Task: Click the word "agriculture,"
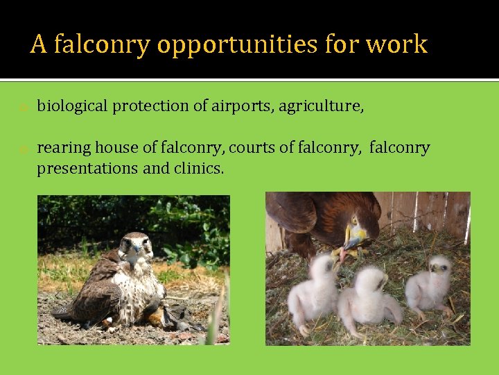(321, 106)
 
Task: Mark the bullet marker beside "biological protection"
(23, 108)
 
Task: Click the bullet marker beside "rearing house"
(23, 149)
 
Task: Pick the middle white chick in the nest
(371, 299)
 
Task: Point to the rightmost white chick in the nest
(430, 285)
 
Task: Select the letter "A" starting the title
(39, 44)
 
